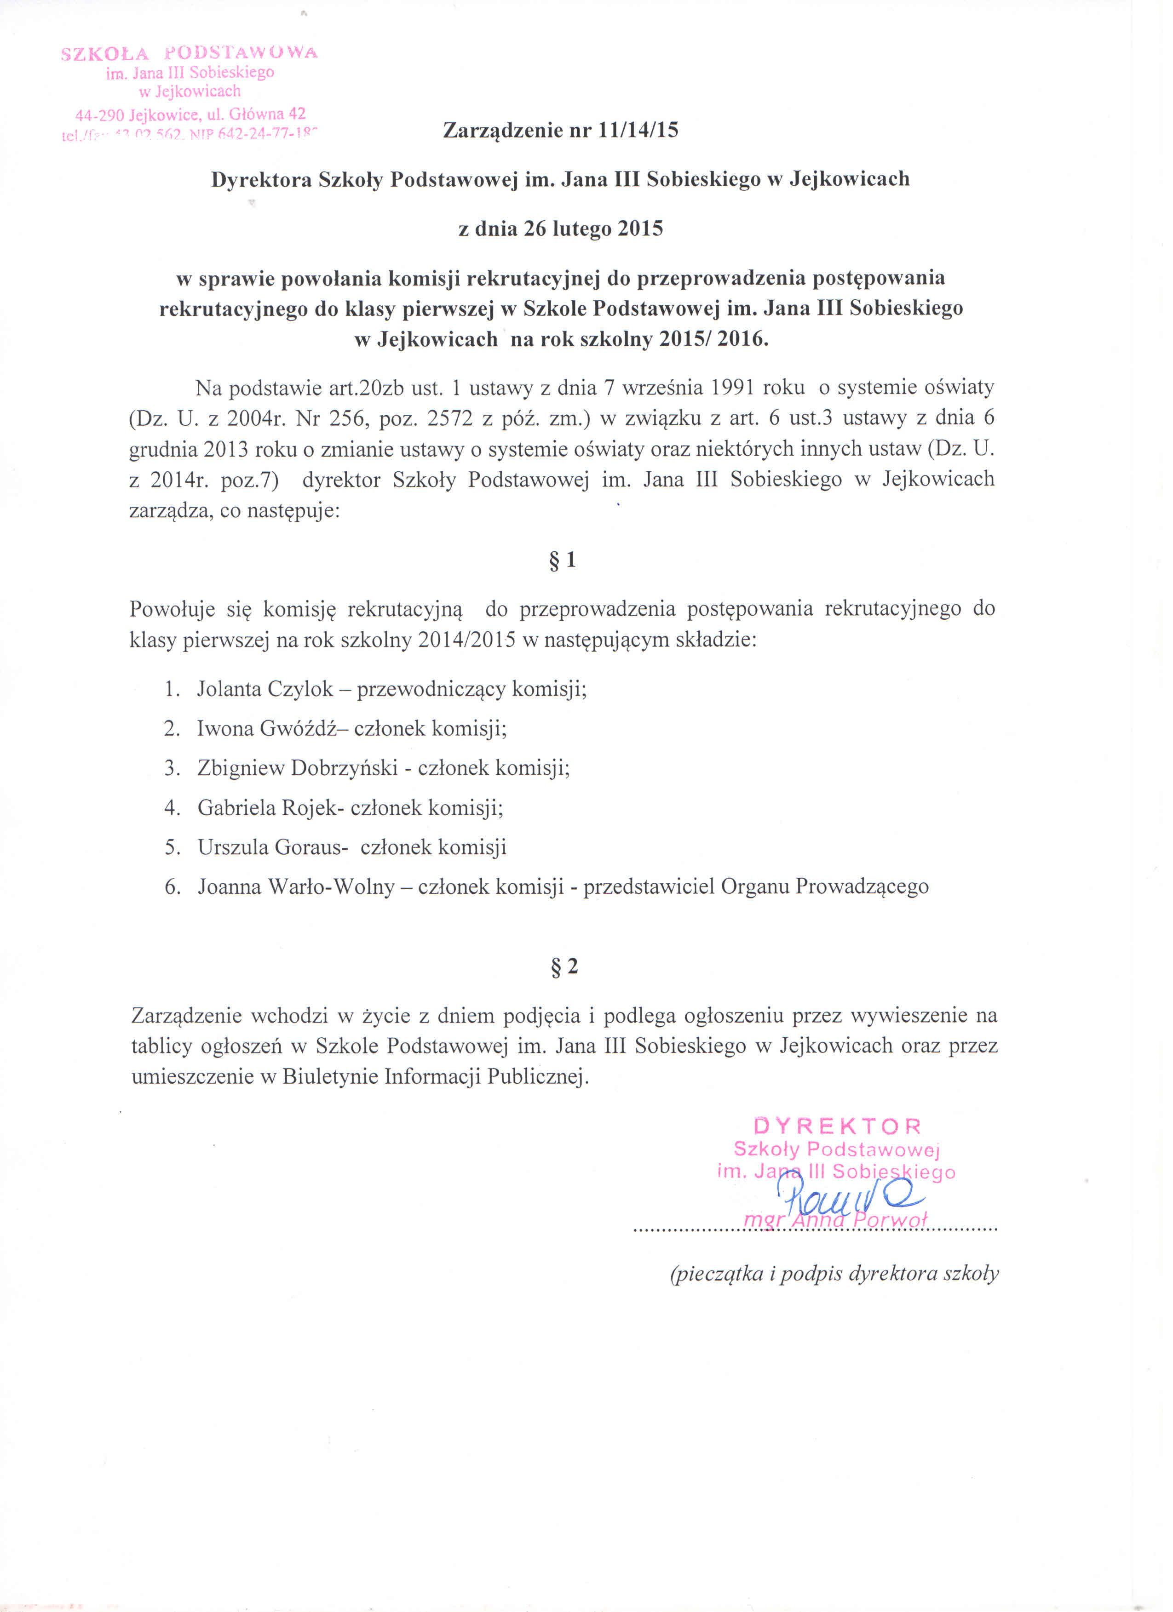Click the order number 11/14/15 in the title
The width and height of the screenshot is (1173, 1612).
pyautogui.click(x=638, y=130)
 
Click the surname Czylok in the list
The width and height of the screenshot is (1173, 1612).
pyautogui.click(x=301, y=689)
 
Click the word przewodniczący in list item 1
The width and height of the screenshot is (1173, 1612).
pyautogui.click(x=431, y=689)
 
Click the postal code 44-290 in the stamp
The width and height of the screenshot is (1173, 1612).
pyautogui.click(x=99, y=114)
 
